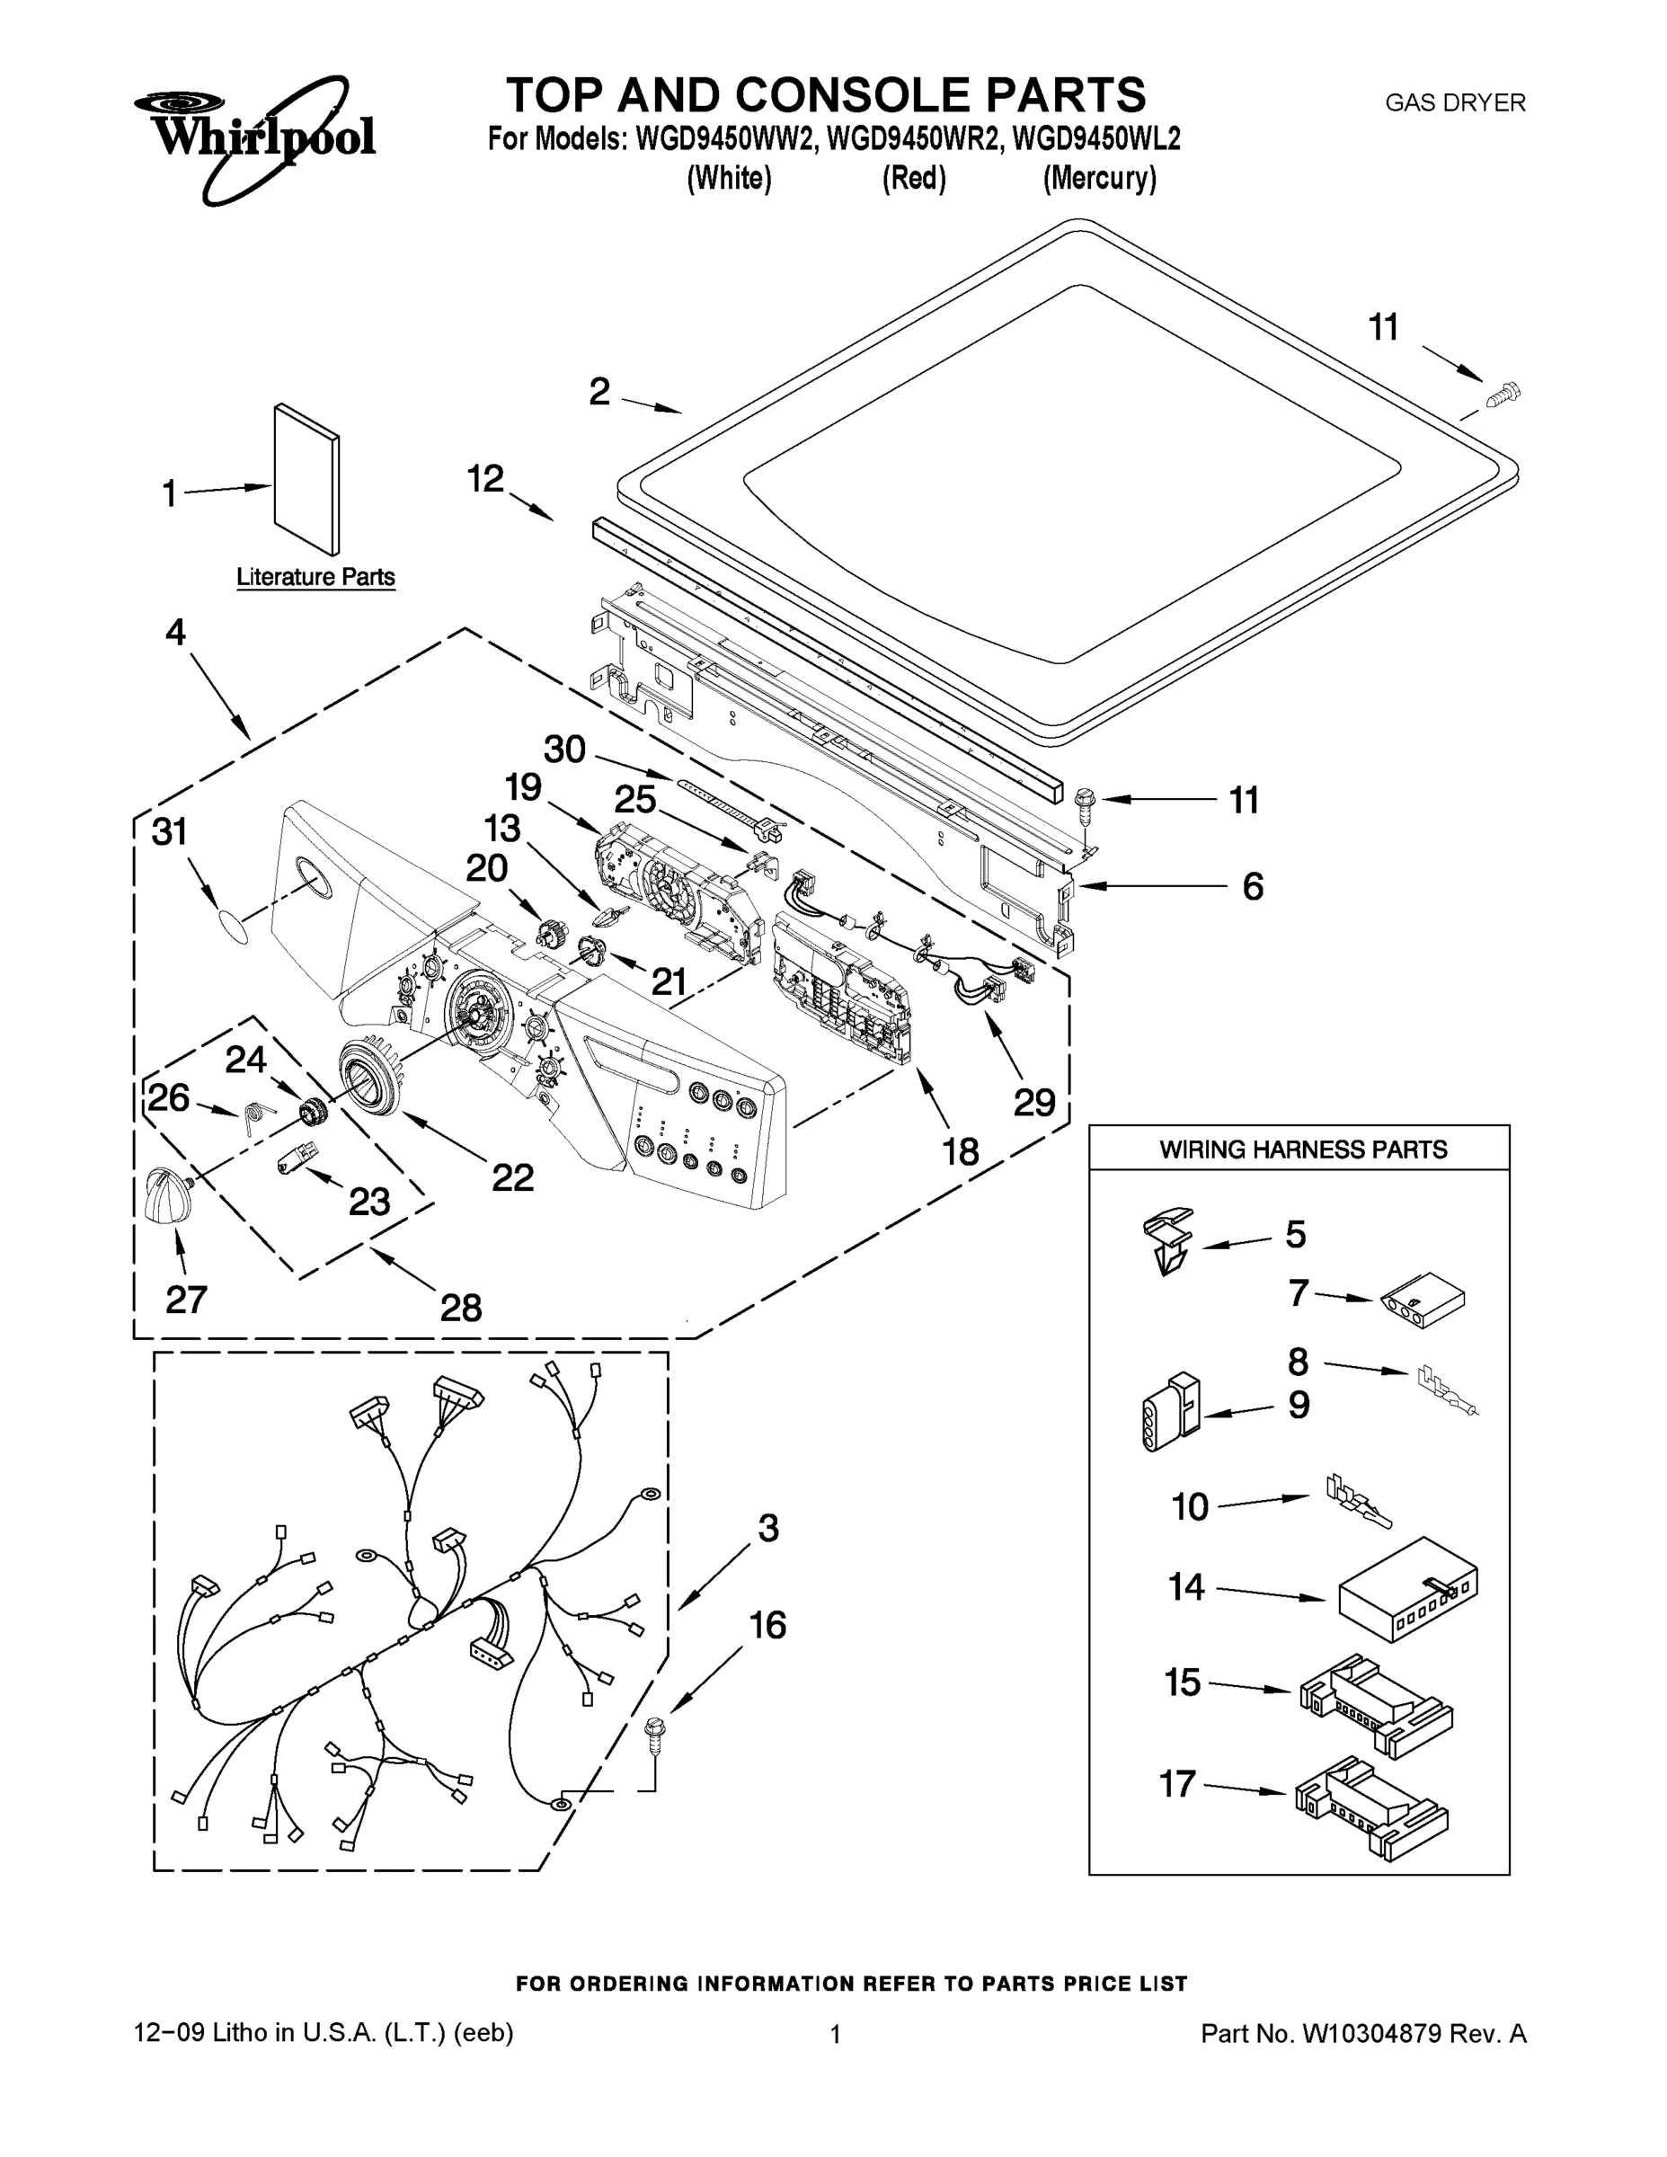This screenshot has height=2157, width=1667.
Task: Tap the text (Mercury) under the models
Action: pyautogui.click(x=1099, y=179)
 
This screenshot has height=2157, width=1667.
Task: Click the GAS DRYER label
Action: pyautogui.click(x=1455, y=102)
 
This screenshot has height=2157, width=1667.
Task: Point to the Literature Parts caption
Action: pyautogui.click(x=315, y=577)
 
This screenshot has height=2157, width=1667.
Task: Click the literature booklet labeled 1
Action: pyautogui.click(x=307, y=478)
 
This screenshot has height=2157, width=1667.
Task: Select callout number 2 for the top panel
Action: pyautogui.click(x=599, y=392)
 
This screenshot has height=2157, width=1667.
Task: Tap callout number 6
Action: pyautogui.click(x=1252, y=886)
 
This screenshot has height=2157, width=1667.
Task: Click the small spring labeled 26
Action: pyautogui.click(x=253, y=1119)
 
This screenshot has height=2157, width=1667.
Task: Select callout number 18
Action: pyautogui.click(x=960, y=1150)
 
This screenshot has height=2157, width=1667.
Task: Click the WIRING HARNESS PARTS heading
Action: pyautogui.click(x=1302, y=1150)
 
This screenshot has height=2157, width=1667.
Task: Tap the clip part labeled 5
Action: pyautogui.click(x=1168, y=1244)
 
